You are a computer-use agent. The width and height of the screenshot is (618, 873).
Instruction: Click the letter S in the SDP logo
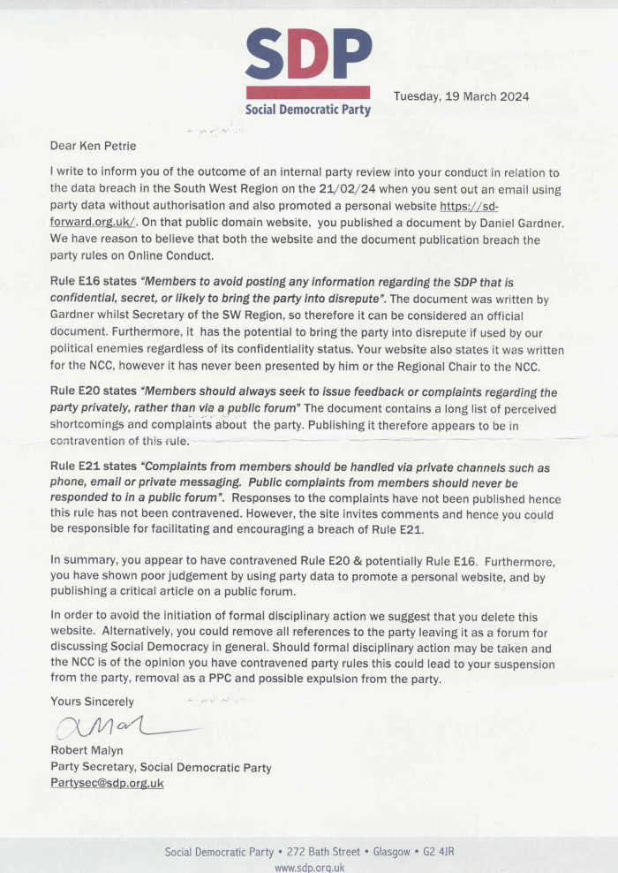[x=265, y=55]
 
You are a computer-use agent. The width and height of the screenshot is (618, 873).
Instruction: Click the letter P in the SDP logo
[x=351, y=55]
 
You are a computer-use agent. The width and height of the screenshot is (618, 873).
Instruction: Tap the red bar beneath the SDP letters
[x=307, y=92]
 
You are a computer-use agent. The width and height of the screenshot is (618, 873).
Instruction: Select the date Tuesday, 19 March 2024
[x=461, y=96]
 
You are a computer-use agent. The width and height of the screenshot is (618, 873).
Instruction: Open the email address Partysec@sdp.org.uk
[x=107, y=783]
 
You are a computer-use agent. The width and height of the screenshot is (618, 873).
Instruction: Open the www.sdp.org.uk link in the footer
[x=308, y=868]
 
